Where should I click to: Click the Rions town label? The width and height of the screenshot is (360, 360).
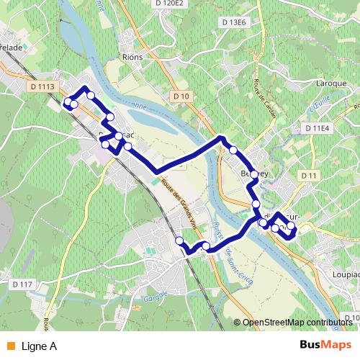click(133, 57)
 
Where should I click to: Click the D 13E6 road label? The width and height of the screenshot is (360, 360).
click(234, 22)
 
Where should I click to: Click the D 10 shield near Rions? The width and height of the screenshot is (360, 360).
click(181, 96)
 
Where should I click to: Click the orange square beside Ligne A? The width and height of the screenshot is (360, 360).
click(9, 346)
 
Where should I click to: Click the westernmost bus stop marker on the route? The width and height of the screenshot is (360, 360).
click(68, 102)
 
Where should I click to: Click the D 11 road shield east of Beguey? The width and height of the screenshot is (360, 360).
click(310, 176)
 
